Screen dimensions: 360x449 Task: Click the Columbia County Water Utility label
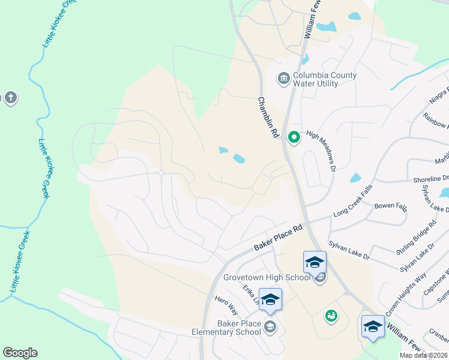click(325, 80)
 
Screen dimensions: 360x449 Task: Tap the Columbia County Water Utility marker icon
click(283, 78)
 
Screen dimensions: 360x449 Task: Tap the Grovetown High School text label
click(267, 277)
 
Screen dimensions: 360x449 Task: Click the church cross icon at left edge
click(10, 97)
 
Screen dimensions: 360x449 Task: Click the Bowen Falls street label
click(391, 206)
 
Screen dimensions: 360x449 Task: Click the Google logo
click(20, 353)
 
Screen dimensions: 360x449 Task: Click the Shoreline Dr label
click(431, 179)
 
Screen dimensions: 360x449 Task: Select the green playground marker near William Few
click(330, 315)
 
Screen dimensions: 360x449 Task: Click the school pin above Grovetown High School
click(315, 262)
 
